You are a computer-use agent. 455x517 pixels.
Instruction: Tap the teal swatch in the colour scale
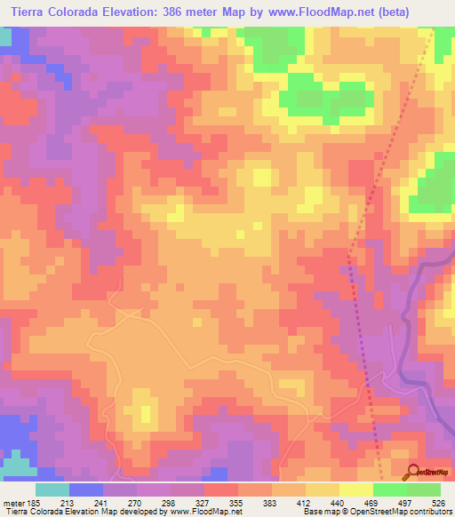(52, 489)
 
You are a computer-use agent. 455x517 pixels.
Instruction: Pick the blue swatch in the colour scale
(86, 489)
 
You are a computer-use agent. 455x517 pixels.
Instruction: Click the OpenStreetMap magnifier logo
(412, 472)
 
